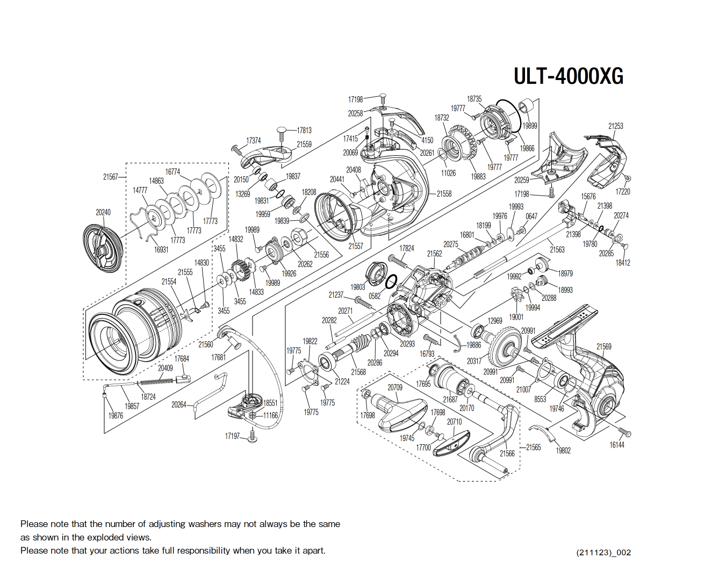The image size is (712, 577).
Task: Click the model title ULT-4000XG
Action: point(568,76)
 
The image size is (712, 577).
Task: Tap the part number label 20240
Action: point(103,212)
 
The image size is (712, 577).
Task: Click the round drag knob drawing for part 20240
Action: point(103,248)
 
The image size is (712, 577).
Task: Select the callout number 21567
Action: point(111,177)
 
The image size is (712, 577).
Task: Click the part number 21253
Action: point(615,126)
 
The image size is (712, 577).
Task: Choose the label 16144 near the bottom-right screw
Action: point(617,445)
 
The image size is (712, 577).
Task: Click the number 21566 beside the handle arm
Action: point(507,453)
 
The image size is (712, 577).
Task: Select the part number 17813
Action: point(304,130)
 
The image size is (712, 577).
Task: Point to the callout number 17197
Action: point(232,436)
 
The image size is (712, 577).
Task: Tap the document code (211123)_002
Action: point(603,552)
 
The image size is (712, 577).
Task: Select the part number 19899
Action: point(530,126)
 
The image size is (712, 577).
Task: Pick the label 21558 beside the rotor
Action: point(444,193)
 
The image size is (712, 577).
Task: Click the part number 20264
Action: point(179,405)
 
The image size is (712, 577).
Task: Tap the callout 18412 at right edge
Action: point(623,263)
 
